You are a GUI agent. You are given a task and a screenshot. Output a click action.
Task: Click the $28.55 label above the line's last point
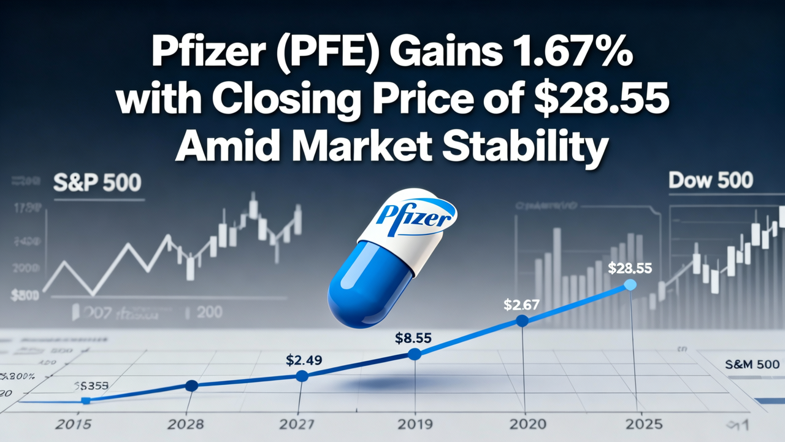click(630, 268)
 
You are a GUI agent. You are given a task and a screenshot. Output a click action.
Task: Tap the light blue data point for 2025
click(630, 285)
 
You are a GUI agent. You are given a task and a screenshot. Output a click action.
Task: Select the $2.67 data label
click(521, 303)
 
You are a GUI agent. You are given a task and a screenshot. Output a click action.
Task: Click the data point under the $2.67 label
click(522, 320)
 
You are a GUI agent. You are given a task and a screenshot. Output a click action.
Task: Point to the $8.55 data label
click(414, 337)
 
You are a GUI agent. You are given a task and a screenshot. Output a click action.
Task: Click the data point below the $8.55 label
click(415, 354)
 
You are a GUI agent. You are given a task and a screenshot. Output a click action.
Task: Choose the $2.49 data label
click(304, 360)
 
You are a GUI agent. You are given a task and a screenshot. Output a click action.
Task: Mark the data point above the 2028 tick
click(191, 386)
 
